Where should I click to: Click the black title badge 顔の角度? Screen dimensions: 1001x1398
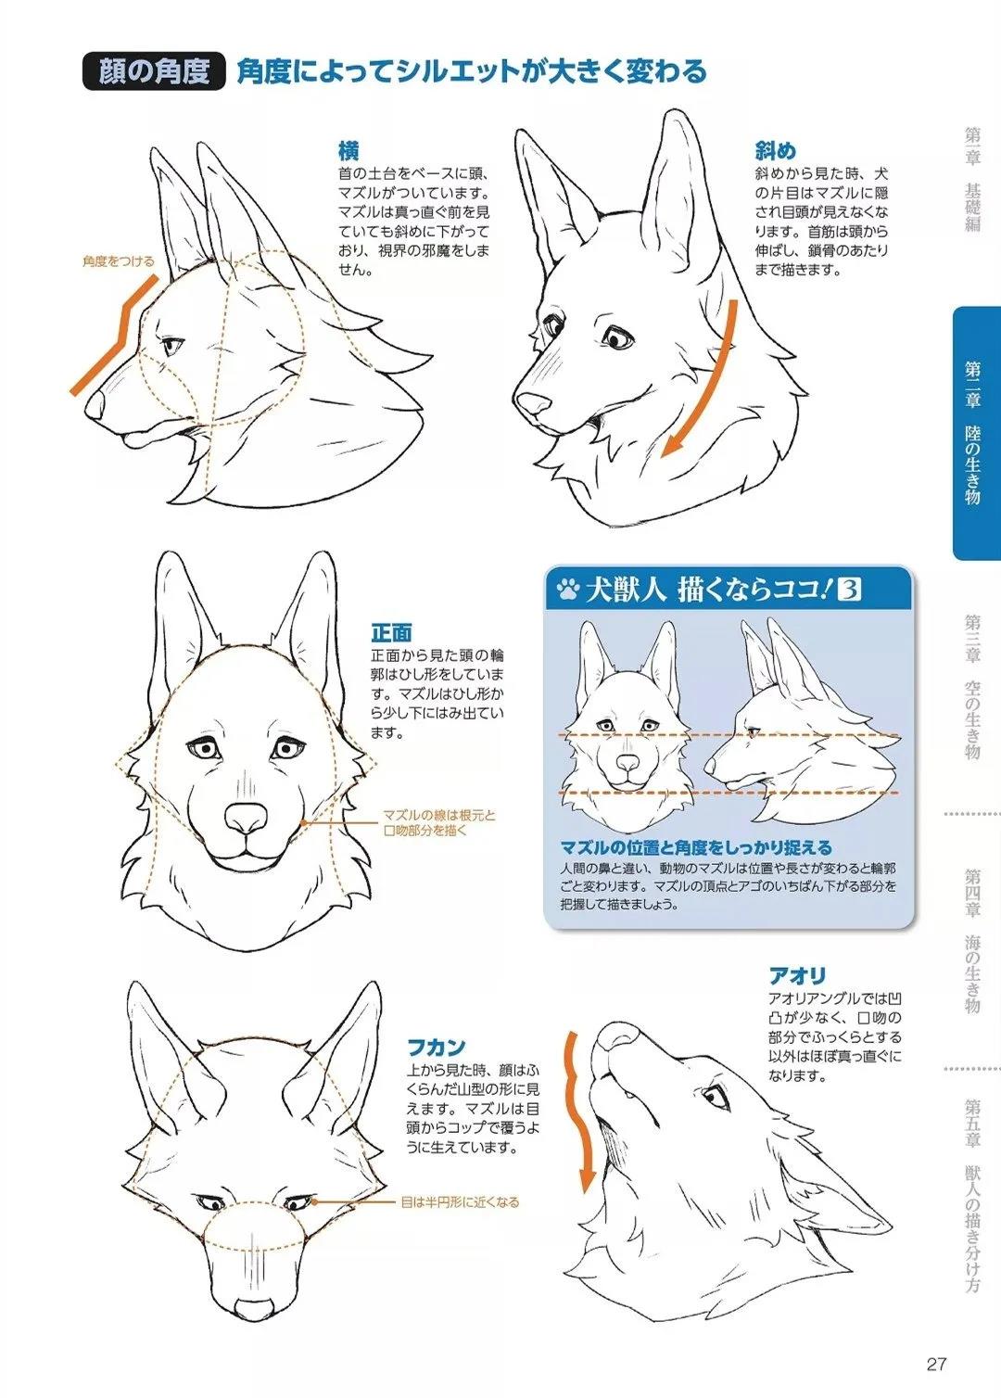(154, 71)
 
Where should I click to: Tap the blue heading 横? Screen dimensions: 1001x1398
(348, 151)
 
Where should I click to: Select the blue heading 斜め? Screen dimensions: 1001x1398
(776, 151)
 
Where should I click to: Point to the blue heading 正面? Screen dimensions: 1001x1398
(391, 633)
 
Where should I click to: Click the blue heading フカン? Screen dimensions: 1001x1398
(437, 1047)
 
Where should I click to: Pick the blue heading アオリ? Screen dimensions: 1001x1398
(797, 975)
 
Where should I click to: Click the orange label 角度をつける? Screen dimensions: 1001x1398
(118, 261)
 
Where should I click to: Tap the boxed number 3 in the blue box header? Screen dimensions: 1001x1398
(849, 589)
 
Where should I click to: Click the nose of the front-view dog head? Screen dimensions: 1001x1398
(247, 817)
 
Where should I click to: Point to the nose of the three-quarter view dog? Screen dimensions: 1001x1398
(532, 403)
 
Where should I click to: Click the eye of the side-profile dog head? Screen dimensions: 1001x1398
(173, 345)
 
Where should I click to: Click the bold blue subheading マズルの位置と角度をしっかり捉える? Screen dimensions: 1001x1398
(696, 847)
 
